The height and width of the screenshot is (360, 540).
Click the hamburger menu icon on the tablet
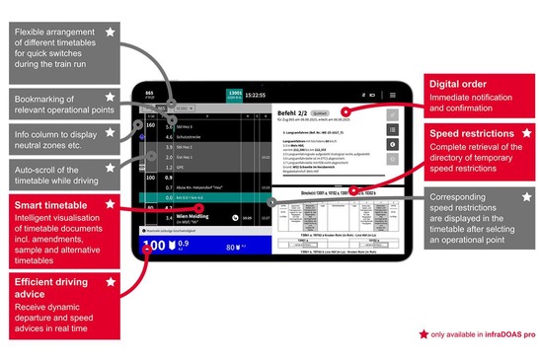tap(393, 94)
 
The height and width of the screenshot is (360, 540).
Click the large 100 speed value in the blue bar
tap(154, 247)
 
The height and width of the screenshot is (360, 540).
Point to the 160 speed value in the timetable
tap(151, 125)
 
